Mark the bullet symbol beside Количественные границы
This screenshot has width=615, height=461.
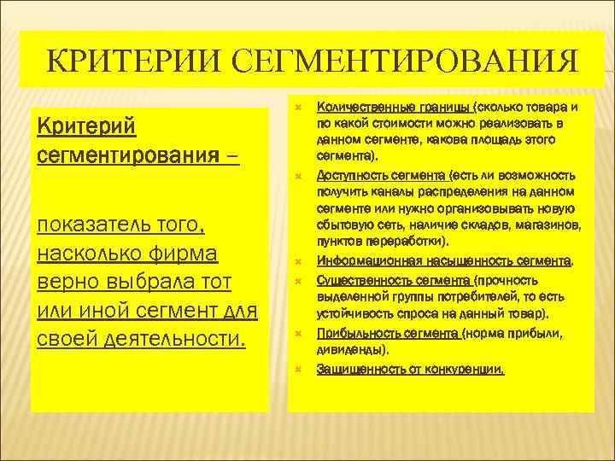point(299,108)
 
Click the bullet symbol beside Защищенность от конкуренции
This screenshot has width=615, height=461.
point(299,371)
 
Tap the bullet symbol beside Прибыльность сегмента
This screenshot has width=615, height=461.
point(299,334)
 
